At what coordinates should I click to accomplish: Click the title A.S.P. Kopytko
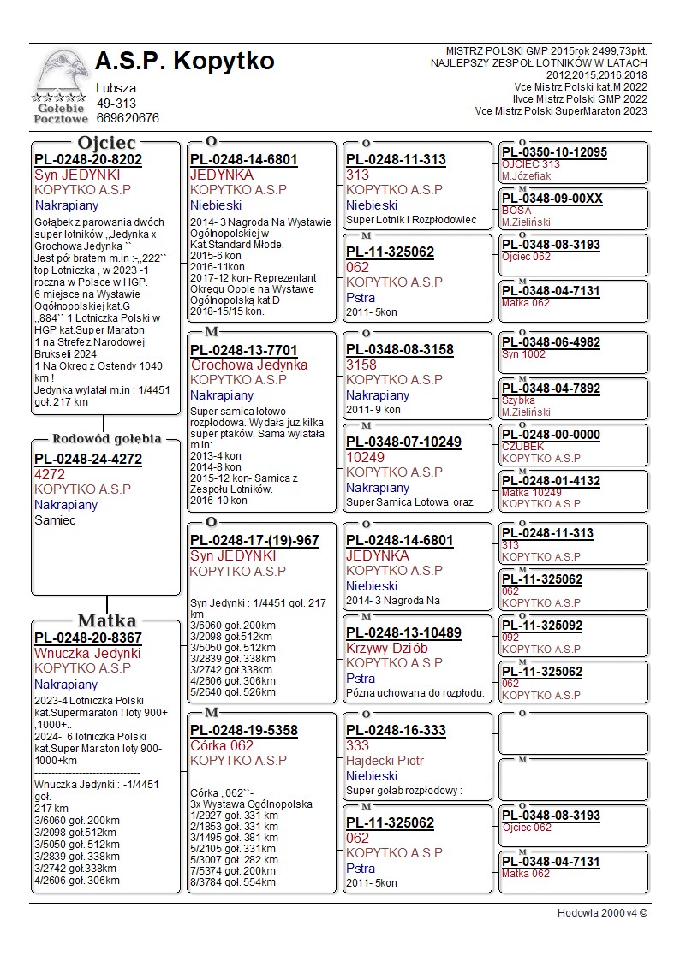pyautogui.click(x=185, y=62)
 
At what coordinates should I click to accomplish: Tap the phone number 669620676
pyautogui.click(x=128, y=118)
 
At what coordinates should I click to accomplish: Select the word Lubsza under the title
pyautogui.click(x=116, y=88)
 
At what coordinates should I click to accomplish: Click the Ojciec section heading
pyautogui.click(x=106, y=143)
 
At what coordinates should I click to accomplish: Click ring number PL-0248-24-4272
pyautogui.click(x=87, y=459)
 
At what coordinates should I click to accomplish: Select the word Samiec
pyautogui.click(x=55, y=519)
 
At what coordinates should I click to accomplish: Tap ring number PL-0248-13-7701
pyautogui.click(x=244, y=350)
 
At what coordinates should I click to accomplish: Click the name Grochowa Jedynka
pyautogui.click(x=249, y=365)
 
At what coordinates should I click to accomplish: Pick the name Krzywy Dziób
pyautogui.click(x=386, y=648)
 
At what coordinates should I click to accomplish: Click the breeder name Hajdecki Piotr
pyautogui.click(x=385, y=760)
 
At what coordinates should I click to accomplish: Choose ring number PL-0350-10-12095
pyautogui.click(x=554, y=152)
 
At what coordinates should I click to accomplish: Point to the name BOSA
pyautogui.click(x=516, y=210)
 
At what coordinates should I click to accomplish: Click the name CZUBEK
pyautogui.click(x=522, y=446)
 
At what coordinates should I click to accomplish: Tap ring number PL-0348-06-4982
pyautogui.click(x=551, y=342)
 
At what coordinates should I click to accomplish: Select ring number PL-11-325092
pyautogui.click(x=542, y=626)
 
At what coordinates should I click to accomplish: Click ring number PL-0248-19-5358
pyautogui.click(x=244, y=731)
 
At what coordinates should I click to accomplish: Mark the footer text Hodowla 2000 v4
pyautogui.click(x=602, y=912)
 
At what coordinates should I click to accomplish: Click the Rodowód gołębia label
pyautogui.click(x=107, y=439)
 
